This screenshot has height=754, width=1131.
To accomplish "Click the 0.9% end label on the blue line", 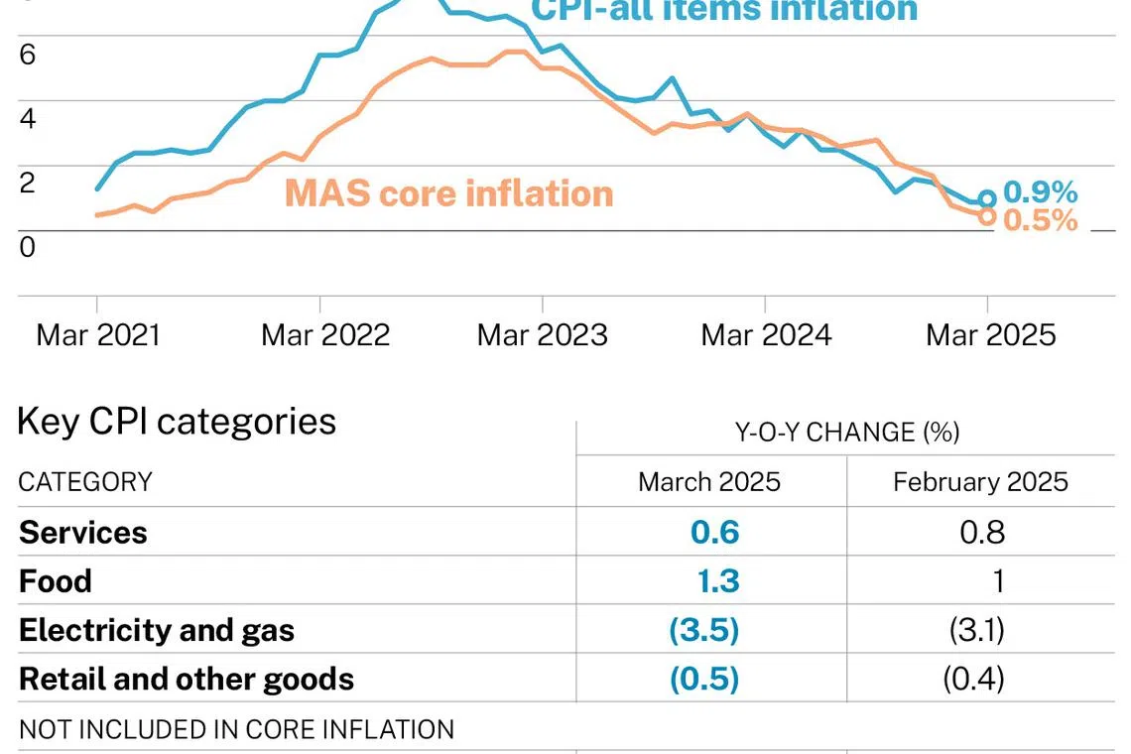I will pos(1040,191).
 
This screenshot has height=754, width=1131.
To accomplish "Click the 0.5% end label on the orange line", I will pos(1040,220).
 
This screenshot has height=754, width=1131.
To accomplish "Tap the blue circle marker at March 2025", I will pos(986,199).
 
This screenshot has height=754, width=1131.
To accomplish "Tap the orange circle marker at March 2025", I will pos(986,216).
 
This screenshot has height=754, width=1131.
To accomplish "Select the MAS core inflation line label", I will pos(448,192).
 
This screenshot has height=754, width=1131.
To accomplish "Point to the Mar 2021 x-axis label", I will pos(97,334).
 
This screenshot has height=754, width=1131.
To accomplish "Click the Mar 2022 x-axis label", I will pos(324,334).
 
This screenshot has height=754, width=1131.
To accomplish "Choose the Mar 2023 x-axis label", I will pos(542,334).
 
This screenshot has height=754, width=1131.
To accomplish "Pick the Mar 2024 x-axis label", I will pos(765,334).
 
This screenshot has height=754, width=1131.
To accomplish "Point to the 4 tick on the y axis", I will pos(28,118).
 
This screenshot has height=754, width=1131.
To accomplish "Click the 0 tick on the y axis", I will pos(28,247).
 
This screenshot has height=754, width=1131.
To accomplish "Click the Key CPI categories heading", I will pos(177,422).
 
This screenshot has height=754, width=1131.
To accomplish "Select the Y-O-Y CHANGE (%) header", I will pos(846,433).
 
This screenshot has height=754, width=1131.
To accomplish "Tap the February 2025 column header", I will pos(980,482).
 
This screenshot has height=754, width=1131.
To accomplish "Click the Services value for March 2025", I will pos(714,532).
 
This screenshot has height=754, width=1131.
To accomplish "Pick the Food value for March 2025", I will pos(717,580).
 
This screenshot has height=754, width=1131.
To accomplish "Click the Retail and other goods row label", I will pos(187,679).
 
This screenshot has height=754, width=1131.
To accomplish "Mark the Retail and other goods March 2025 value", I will pos(704,679).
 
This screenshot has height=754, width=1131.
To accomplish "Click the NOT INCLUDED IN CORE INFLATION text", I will pos(236,729).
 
